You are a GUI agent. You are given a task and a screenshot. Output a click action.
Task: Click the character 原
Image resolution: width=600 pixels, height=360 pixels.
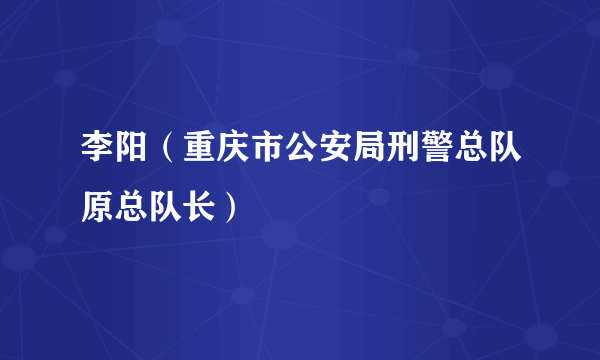[x=98, y=208]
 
